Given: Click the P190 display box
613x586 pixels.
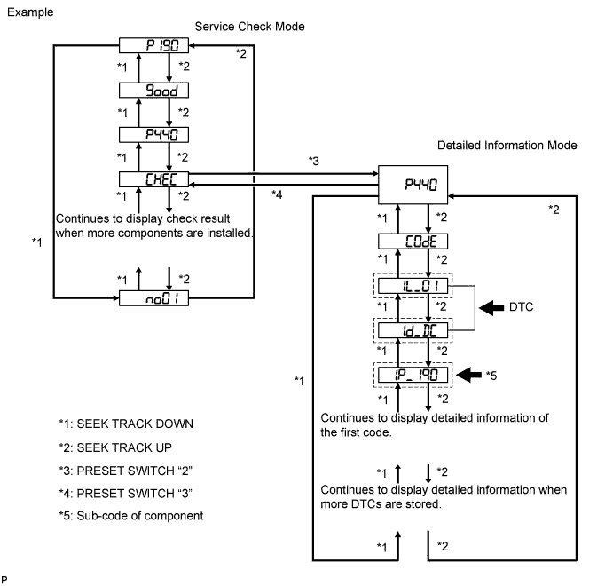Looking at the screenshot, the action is pos(153,45).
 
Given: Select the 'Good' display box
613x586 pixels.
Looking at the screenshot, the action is pos(153,91).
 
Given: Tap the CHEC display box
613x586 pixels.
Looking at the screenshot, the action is pos(153,179).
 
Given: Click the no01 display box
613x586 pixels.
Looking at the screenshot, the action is pos(153,298).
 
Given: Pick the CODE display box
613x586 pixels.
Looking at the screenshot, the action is pos(413,242).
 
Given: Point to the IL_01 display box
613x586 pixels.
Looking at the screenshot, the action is pos(413,286).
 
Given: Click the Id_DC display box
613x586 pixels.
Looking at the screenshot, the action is pos(413,330).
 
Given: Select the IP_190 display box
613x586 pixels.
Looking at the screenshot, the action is pos(413,376).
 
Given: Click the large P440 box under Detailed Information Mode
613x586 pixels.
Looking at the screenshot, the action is pos(413,185).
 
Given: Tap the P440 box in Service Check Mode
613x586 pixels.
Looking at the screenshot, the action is pos(153,135).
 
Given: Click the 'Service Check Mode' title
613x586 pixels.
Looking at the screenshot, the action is pos(250,27).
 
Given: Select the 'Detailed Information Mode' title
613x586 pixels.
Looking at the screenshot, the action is pos(507,146).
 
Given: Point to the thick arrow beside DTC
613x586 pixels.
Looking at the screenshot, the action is pos(491,308).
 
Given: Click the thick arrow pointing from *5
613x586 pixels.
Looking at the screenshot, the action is pos(468,375).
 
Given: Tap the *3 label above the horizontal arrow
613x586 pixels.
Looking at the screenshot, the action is pos(314,161).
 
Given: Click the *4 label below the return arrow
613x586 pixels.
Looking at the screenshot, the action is pos(277,194).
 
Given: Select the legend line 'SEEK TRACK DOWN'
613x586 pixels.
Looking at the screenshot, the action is pos(126,424).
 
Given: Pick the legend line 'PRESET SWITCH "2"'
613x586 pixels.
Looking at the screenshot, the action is pos(125,471).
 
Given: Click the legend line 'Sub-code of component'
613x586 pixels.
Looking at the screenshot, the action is pos(131,516).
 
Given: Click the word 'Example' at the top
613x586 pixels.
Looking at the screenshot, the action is pos(30,12).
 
